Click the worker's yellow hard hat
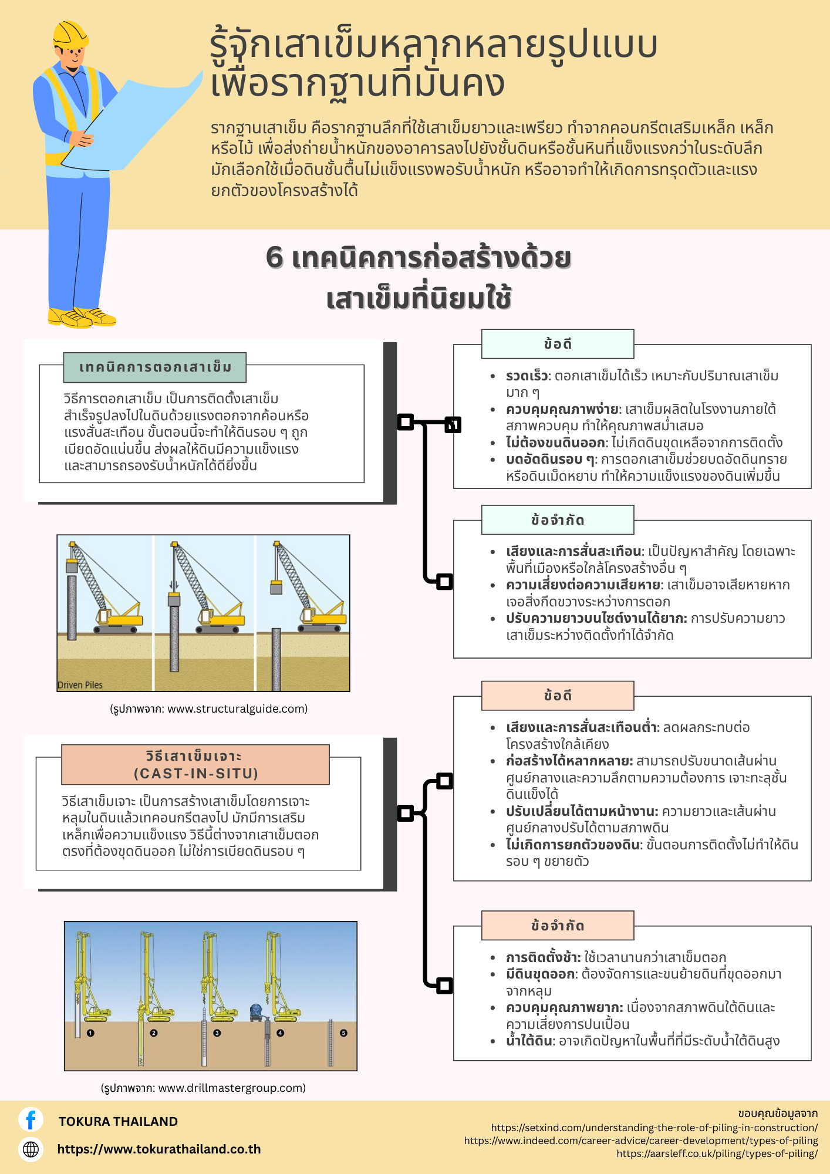click(x=70, y=34)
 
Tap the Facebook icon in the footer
click(x=31, y=1119)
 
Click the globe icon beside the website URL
click(x=31, y=1149)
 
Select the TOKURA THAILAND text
click(x=118, y=1121)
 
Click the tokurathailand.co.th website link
click(x=159, y=1149)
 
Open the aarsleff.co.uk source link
click(x=717, y=1153)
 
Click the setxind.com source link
click(x=654, y=1128)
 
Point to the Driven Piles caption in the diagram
click(x=80, y=684)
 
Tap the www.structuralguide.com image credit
click(x=208, y=709)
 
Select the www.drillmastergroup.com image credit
click(x=203, y=1088)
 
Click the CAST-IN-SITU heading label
click(x=195, y=765)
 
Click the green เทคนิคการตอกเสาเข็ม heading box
click(x=154, y=367)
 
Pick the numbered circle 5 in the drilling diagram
click(x=343, y=1033)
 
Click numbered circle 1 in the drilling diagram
click(x=90, y=1033)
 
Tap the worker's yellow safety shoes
click(x=82, y=317)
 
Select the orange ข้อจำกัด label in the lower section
click(x=558, y=926)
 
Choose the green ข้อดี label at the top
click(x=558, y=344)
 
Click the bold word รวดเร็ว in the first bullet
click(x=527, y=376)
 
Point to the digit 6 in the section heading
click(x=274, y=258)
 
